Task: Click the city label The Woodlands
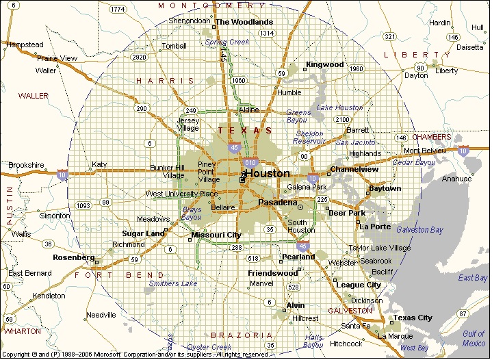[244, 22]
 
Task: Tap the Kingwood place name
[324, 64]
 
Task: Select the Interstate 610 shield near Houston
[251, 162]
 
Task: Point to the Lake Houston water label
[339, 107]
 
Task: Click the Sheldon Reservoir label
[309, 137]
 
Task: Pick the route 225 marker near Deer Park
[323, 199]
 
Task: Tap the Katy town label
[100, 164]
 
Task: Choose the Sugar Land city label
[143, 233]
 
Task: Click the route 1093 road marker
[83, 205]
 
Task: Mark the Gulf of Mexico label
[473, 338]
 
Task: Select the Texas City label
[413, 318]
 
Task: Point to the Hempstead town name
[24, 44]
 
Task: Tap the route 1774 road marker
[117, 9]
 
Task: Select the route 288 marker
[237, 247]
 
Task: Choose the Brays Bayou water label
[192, 213]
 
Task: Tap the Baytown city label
[385, 188]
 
